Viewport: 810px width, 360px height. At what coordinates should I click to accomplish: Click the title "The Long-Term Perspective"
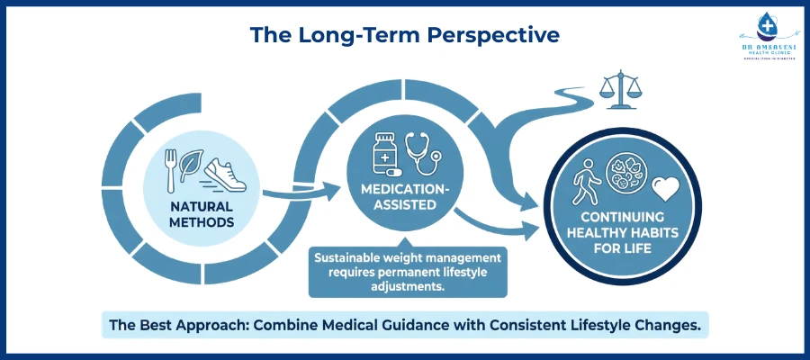[x=404, y=35]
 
